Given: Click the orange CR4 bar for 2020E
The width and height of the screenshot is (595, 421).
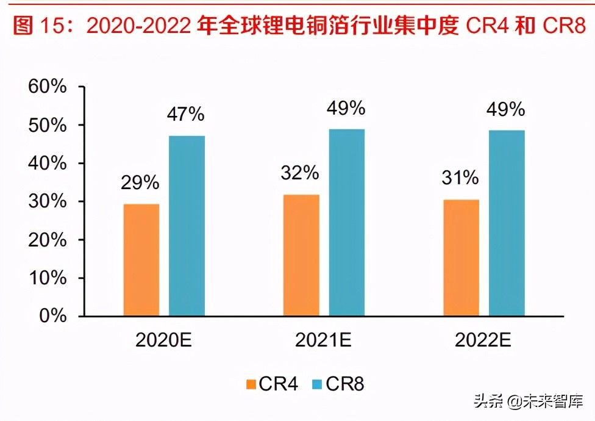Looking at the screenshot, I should [141, 260].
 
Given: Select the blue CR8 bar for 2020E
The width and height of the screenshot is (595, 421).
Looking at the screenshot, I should [187, 226].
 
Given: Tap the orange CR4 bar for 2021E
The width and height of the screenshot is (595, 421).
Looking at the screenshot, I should [301, 255].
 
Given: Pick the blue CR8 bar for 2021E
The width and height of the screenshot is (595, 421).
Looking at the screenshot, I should [346, 223].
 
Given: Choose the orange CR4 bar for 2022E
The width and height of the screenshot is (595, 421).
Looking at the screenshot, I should [460, 257].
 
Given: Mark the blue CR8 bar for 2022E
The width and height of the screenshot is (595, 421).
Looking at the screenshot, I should [506, 223].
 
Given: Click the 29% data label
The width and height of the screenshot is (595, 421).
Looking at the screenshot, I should [140, 182].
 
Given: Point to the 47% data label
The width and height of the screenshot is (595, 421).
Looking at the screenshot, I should [187, 114].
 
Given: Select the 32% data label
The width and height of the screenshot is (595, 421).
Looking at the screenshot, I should [300, 173].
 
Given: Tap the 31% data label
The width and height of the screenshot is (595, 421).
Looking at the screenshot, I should [460, 178].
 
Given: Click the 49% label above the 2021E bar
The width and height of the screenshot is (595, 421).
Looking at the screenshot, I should [346, 108].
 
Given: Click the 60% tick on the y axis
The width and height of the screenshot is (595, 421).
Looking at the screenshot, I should [47, 87].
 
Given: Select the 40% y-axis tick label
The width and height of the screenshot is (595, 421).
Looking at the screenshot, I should [47, 164].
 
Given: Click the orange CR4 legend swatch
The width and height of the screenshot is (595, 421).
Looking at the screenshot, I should [251, 384].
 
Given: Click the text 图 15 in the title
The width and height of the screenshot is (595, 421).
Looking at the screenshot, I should [38, 26].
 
